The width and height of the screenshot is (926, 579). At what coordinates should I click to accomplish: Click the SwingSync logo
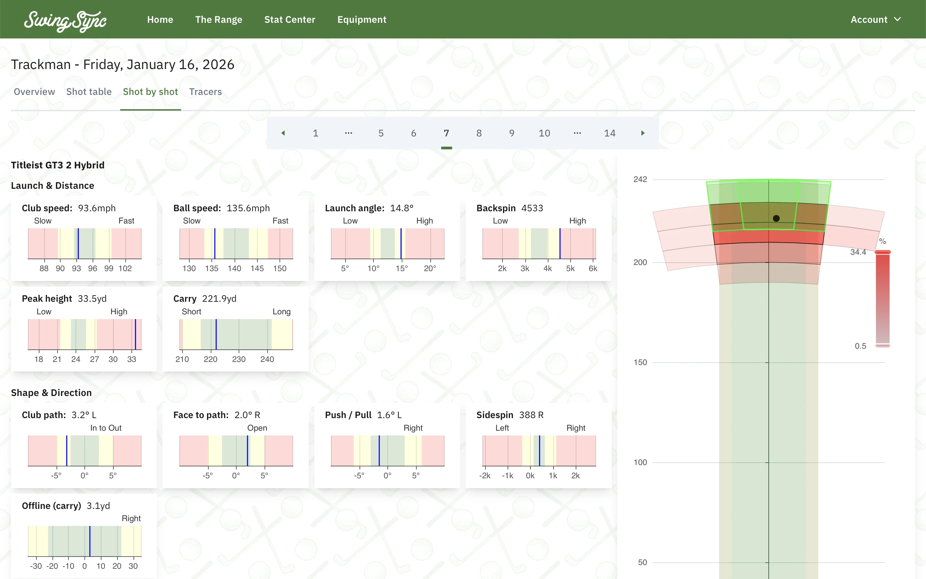[65, 21]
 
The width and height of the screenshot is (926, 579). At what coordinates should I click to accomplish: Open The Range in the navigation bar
[218, 19]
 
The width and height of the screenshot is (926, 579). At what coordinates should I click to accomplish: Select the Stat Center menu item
[290, 19]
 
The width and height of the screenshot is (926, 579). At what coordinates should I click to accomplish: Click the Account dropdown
[875, 19]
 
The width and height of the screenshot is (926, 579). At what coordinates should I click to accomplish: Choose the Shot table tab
[89, 92]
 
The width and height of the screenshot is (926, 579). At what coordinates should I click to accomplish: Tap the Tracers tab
[205, 92]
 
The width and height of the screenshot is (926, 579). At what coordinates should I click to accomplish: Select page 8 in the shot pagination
[479, 133]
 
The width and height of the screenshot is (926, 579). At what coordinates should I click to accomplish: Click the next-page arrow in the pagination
[642, 133]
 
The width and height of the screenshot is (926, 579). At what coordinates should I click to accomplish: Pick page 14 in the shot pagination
[609, 133]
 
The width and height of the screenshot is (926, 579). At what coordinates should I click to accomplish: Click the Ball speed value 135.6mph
[248, 208]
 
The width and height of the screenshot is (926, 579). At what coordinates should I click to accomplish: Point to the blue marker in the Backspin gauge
[560, 244]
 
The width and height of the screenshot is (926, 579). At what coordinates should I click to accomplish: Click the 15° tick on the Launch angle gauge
[401, 268]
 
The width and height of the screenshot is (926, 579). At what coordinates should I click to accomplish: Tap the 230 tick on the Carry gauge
[239, 359]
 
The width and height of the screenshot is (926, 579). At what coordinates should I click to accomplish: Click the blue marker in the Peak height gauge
[135, 334]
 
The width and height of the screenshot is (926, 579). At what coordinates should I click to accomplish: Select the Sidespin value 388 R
[531, 415]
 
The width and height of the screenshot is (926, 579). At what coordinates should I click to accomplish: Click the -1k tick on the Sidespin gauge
[508, 476]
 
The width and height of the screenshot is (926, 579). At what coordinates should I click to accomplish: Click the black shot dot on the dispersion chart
[776, 218]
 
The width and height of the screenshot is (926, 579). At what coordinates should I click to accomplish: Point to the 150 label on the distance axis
[640, 362]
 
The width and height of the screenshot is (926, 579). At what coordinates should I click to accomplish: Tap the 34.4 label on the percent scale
[858, 252]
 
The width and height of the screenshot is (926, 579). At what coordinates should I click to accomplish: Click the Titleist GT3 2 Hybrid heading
[58, 165]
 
